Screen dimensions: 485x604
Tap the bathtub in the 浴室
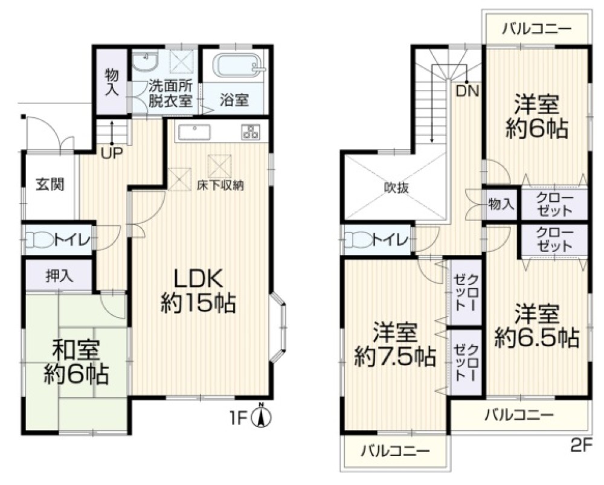236,65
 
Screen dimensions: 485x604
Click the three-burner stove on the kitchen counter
249,132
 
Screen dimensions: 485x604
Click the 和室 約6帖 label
76,362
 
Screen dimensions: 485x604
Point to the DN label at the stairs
467,92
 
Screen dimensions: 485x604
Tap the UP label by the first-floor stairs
111,153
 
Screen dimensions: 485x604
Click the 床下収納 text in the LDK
220,185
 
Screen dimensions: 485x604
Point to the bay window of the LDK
279,329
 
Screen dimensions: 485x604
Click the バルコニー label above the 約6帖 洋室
536,28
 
